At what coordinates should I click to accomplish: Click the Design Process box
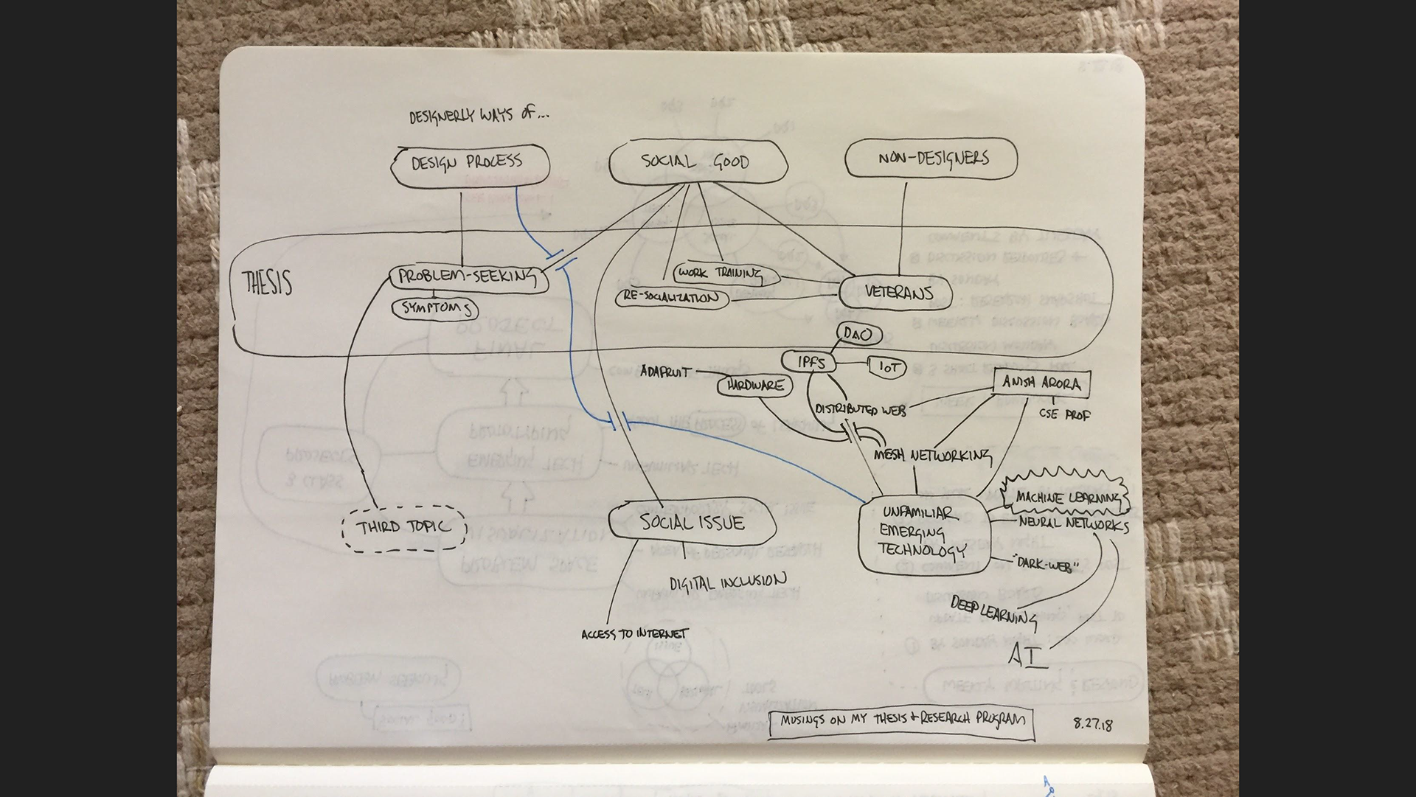pos(470,164)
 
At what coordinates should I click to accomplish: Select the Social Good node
pos(697,161)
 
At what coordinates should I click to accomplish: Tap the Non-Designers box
pos(931,159)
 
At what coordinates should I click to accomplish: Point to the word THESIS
pos(266,282)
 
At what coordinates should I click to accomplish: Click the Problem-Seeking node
pos(468,278)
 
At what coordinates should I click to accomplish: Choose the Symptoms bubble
pos(436,308)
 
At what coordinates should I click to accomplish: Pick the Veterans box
pos(895,293)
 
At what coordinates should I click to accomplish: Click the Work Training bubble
pos(726,274)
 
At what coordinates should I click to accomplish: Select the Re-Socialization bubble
pos(671,298)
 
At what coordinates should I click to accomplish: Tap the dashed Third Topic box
pos(404,527)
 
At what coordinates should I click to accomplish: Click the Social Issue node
pos(692,523)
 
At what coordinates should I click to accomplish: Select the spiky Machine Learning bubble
pos(1066,498)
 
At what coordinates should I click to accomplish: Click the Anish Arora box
pos(1041,383)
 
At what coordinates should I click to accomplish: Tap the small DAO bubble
pos(859,335)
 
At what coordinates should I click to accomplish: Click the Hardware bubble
pos(754,386)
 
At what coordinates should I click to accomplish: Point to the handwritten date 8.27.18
pos(1092,723)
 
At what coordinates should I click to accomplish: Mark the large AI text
pos(1028,655)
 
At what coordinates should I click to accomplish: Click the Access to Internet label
pos(634,634)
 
